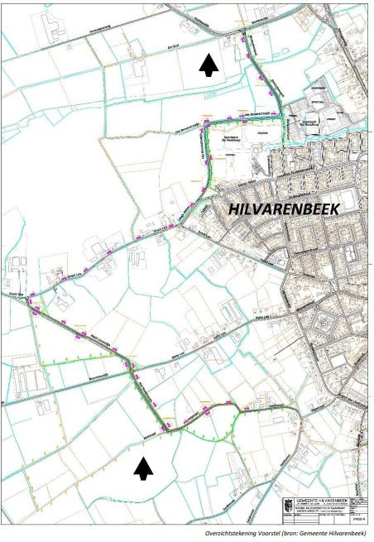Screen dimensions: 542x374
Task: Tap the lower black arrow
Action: coord(144,469)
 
